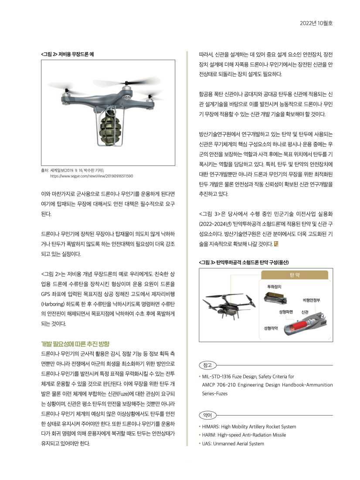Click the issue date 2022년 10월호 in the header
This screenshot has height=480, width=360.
click(x=316, y=23)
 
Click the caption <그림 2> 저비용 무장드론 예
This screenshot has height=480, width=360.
click(x=68, y=54)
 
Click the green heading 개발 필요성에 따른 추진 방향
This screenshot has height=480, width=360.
click(x=75, y=344)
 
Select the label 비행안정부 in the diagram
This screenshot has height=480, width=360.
click(x=312, y=300)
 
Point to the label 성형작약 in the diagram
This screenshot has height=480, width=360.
click(x=271, y=327)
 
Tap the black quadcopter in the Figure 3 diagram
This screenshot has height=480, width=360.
click(x=229, y=304)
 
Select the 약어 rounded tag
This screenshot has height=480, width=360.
click(x=207, y=414)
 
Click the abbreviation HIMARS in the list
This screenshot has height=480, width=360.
click(x=212, y=426)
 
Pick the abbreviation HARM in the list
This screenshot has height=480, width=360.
click(x=210, y=435)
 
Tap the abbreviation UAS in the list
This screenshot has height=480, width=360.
click(x=207, y=443)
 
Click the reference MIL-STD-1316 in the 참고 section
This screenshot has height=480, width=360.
click(x=218, y=376)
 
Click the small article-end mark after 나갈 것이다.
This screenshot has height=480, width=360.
click(x=275, y=243)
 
